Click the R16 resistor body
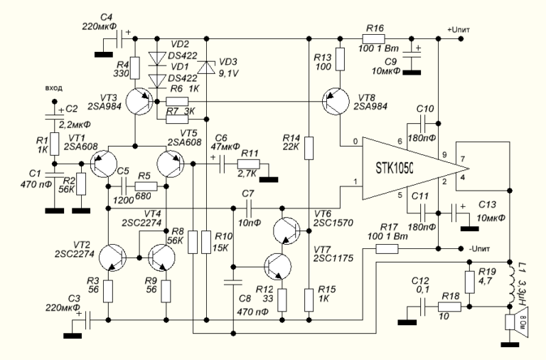375,38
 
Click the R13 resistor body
341,58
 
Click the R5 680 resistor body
145,186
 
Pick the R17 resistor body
387,248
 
